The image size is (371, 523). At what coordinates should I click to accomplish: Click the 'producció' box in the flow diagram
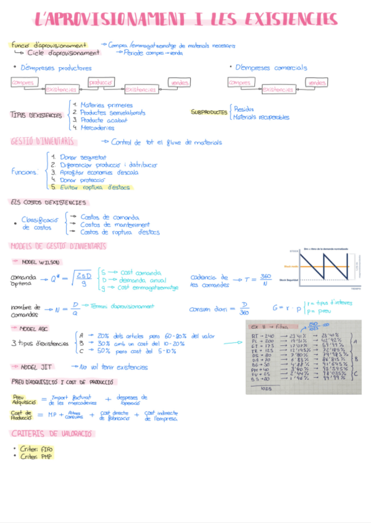tap(101, 82)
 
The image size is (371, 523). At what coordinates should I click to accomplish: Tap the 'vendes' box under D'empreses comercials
tap(317, 82)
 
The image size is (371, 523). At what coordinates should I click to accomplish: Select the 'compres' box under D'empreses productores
tap(23, 82)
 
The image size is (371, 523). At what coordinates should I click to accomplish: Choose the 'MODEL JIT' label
tap(41, 367)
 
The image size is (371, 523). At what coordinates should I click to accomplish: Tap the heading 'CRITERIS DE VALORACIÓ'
tap(52, 434)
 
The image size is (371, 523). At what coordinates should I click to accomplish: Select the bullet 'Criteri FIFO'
tap(36, 448)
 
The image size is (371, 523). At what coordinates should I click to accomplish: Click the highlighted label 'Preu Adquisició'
tap(22, 400)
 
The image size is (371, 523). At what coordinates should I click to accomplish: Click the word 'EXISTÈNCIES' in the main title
tap(281, 19)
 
